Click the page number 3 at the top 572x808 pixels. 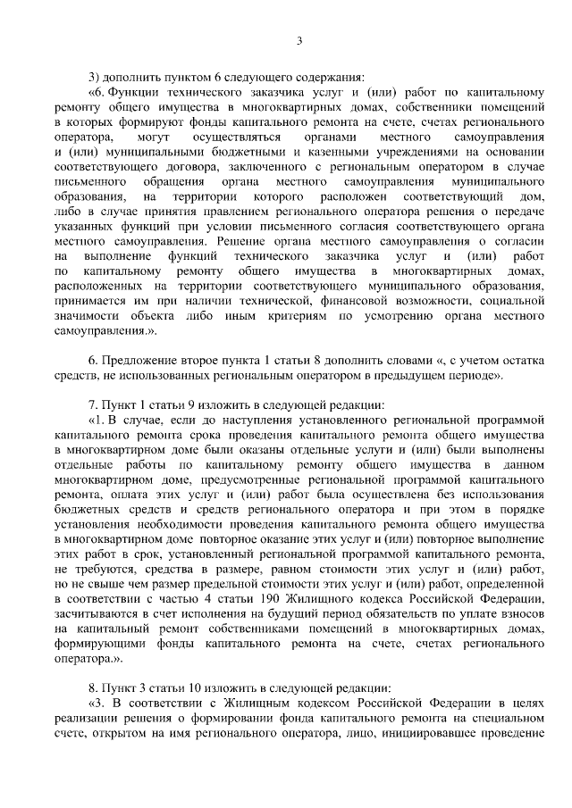(x=299, y=40)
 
